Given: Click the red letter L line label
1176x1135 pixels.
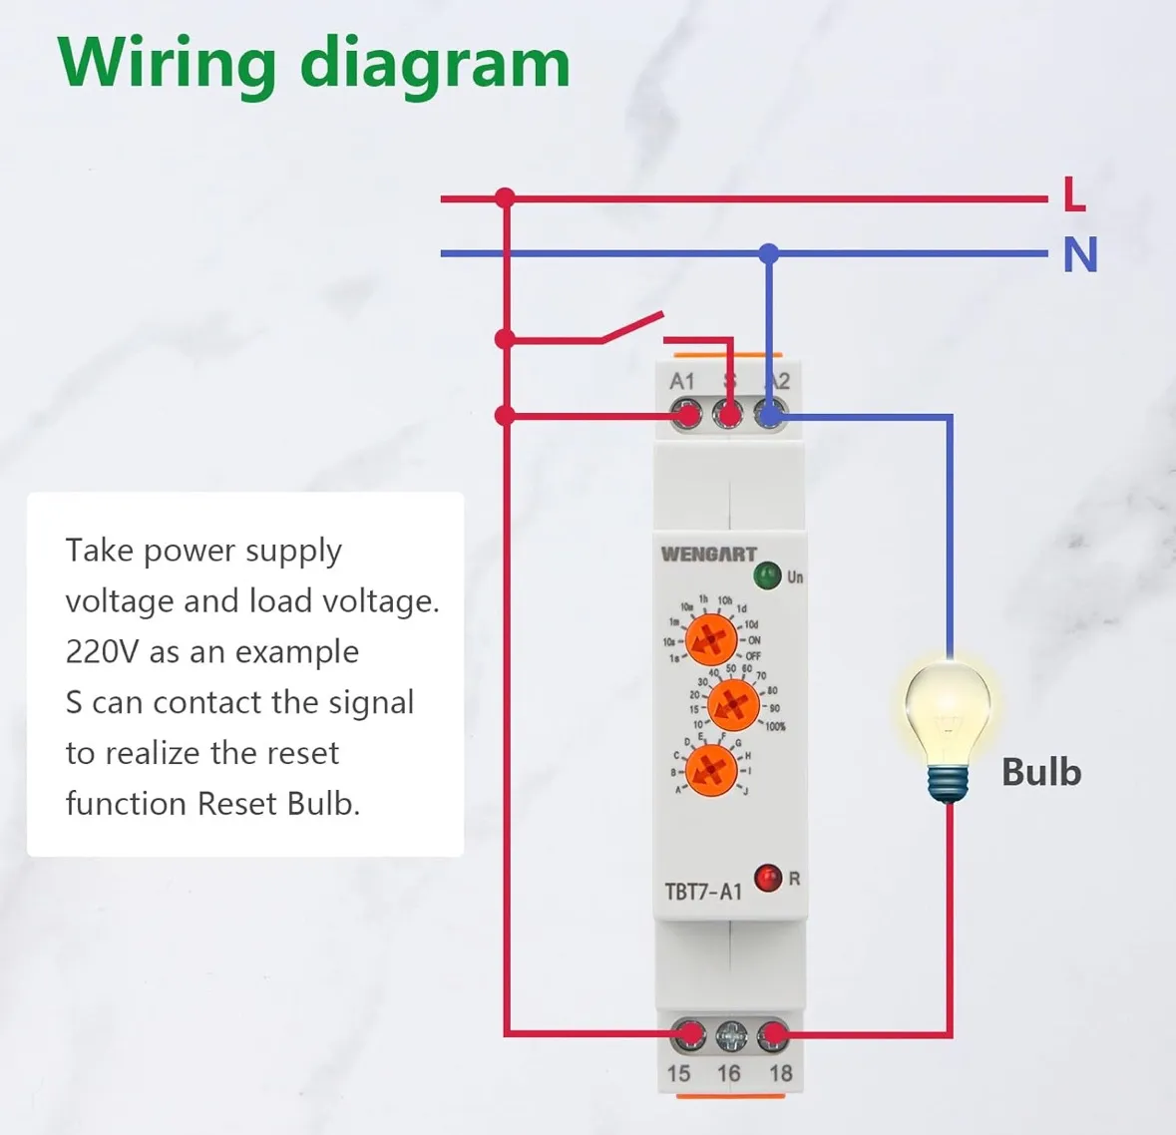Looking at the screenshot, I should [1074, 193].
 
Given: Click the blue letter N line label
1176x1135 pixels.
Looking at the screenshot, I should [1080, 254].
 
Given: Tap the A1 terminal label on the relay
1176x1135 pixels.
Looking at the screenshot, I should [682, 381].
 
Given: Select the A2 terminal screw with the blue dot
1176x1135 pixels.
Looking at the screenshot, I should [770, 414].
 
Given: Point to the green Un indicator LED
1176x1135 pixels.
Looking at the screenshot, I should [767, 575].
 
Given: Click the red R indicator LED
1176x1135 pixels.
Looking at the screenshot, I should [768, 878].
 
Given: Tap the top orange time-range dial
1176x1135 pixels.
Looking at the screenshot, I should [712, 639].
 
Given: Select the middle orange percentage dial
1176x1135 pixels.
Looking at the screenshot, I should [733, 705].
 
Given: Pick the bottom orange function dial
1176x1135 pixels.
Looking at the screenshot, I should [711, 769].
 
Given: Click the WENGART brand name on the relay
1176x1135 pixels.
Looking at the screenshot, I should [708, 554].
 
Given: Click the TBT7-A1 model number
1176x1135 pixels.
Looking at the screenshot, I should [703, 891].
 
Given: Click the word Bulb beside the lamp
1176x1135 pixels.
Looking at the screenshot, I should [1041, 772].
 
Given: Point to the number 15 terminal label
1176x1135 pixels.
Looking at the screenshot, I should [679, 1074].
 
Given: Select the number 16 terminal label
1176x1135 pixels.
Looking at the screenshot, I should [729, 1074].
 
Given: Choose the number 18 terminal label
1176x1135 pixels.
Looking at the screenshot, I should [781, 1074].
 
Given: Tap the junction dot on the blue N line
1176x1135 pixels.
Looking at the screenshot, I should [768, 254].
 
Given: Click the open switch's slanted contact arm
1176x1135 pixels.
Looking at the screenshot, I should [632, 327].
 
